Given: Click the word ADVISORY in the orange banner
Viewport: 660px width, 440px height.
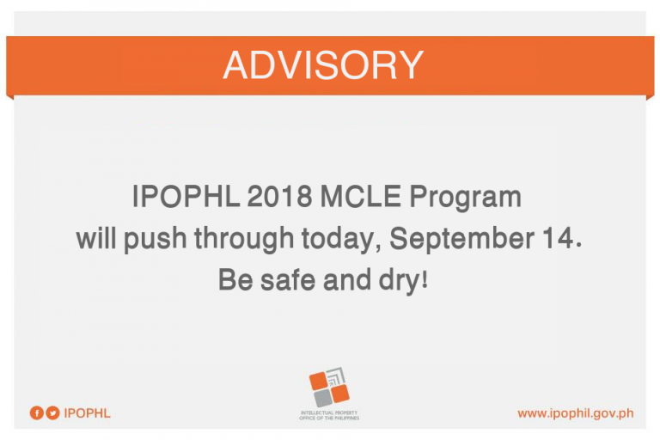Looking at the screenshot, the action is (323, 64).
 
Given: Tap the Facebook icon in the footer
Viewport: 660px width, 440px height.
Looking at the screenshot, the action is (37, 412).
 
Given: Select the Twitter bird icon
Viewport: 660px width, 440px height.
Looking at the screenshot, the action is (52, 412).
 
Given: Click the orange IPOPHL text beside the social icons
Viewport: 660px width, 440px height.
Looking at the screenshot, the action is (87, 413).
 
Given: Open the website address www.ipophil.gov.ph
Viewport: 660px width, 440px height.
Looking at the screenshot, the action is (576, 413).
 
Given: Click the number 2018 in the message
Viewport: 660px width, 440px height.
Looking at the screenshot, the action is (279, 196).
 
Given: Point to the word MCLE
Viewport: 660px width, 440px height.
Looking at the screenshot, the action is (361, 196).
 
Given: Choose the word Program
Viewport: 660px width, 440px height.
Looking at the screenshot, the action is (466, 198).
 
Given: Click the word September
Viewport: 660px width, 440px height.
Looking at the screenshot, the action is (461, 239).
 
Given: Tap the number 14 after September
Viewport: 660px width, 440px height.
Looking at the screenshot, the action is (559, 238).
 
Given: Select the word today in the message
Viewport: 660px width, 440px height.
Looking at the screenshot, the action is (338, 239).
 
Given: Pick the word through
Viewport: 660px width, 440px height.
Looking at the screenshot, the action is (244, 239).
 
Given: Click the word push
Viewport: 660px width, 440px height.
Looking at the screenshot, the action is (155, 239).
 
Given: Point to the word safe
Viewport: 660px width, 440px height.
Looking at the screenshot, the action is (288, 279).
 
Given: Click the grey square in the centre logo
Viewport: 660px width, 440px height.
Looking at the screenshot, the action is (323, 398).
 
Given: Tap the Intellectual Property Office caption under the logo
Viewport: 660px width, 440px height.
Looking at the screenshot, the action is (329, 416).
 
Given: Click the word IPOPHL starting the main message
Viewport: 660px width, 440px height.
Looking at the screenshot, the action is (186, 196).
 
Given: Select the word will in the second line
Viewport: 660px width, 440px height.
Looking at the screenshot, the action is (96, 238).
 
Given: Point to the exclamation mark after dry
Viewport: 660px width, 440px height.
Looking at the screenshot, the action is (425, 278).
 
